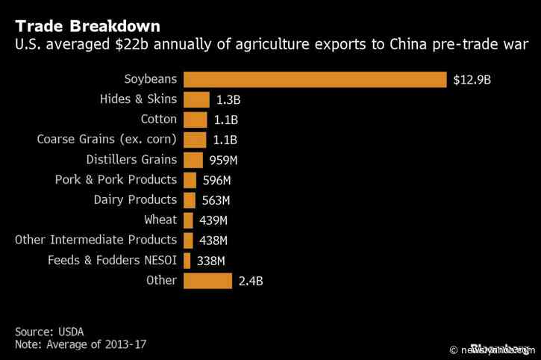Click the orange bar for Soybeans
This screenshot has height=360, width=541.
(x=314, y=79)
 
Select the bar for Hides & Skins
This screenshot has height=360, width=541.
(x=196, y=99)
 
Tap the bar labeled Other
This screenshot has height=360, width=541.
(x=207, y=281)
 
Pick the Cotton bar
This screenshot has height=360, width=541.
(x=195, y=120)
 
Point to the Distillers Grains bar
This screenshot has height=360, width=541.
(x=193, y=160)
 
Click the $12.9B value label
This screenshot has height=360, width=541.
(x=472, y=80)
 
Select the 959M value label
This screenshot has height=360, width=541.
(x=223, y=161)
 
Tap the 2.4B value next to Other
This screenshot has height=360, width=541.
(x=250, y=282)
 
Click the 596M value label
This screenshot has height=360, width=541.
(x=216, y=181)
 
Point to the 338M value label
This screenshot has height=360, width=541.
(x=210, y=261)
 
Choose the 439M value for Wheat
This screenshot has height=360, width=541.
(x=213, y=220)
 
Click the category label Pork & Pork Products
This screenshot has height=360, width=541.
(x=116, y=180)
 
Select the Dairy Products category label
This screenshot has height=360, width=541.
(x=135, y=200)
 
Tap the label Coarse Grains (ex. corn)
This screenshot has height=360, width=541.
(x=107, y=139)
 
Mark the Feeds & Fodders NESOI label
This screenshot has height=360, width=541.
(x=112, y=260)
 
